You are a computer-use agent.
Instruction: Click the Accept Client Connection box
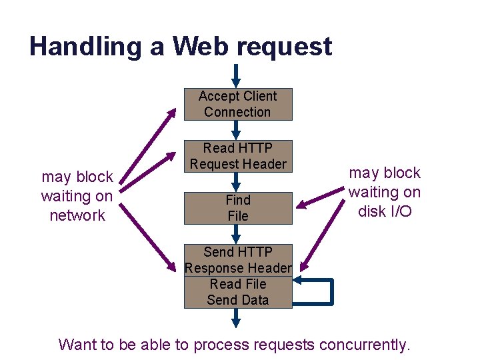coord(238,105)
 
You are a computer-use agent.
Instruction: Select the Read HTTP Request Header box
coord(238,156)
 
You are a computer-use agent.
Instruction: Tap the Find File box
coord(238,208)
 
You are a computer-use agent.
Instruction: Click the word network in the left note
coord(77,215)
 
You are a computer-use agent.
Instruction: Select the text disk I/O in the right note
coord(385,211)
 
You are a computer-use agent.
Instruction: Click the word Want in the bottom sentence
coord(77,345)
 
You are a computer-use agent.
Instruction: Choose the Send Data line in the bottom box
coord(238,300)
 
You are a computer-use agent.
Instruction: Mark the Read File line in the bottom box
coord(238,284)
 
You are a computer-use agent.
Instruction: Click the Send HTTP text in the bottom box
coord(238,252)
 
